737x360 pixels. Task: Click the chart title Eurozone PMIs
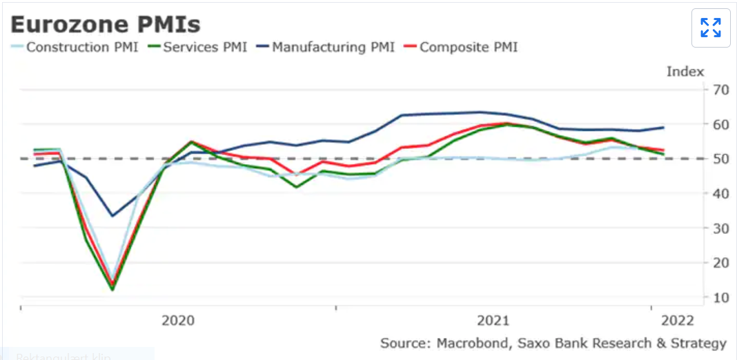click(106, 25)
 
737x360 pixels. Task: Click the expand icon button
click(710, 28)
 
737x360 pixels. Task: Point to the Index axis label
click(685, 72)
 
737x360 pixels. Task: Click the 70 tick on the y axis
click(720, 90)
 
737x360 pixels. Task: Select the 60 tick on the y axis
click(720, 124)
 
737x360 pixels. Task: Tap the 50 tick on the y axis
click(720, 159)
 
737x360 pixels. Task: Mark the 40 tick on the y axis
click(720, 193)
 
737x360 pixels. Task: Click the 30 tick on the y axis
click(720, 228)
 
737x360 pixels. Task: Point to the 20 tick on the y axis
click(720, 263)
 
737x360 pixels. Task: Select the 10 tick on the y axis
click(720, 297)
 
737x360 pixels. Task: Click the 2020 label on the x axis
click(178, 321)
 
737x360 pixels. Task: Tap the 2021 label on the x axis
click(493, 321)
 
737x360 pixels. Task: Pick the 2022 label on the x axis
click(678, 321)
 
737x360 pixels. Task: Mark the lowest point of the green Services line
click(112, 289)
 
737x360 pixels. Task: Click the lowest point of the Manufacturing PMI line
click(112, 216)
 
